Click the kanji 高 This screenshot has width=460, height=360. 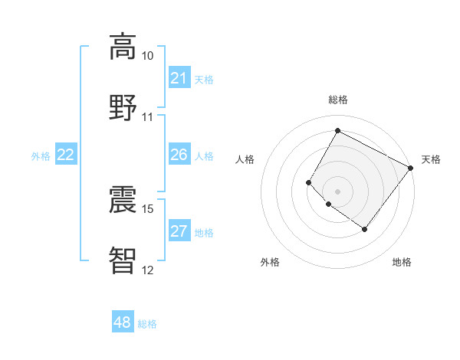(x=123, y=46)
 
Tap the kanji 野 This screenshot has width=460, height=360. (x=123, y=106)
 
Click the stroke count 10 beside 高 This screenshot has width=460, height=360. (x=148, y=57)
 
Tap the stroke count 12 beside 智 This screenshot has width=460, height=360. (x=148, y=270)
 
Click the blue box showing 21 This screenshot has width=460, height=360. (x=179, y=78)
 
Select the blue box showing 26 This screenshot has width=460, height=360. (x=179, y=155)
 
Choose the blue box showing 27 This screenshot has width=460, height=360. (x=179, y=231)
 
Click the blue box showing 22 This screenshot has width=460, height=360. (x=66, y=155)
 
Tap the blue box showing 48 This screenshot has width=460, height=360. (x=123, y=322)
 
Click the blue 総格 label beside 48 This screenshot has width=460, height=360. (x=147, y=324)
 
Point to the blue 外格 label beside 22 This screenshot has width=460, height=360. (x=41, y=156)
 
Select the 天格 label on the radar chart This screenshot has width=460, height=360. (x=431, y=159)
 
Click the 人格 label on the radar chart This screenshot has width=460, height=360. (x=245, y=159)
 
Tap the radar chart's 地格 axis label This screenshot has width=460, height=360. (x=402, y=262)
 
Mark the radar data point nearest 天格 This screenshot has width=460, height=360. (x=410, y=168)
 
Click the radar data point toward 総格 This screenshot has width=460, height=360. (x=337, y=130)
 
